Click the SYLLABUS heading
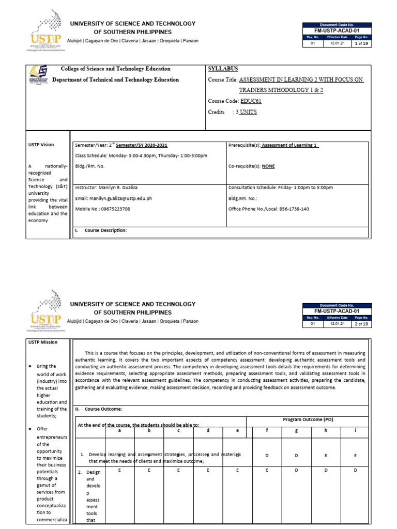point(223,69)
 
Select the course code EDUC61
point(251,101)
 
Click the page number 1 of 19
point(361,44)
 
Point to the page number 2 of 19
point(361,324)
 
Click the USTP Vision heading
point(41,145)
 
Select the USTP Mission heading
point(42,342)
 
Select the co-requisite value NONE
point(268,166)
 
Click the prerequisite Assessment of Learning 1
point(289,145)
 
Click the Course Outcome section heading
point(103,409)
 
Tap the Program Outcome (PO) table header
point(308,419)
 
